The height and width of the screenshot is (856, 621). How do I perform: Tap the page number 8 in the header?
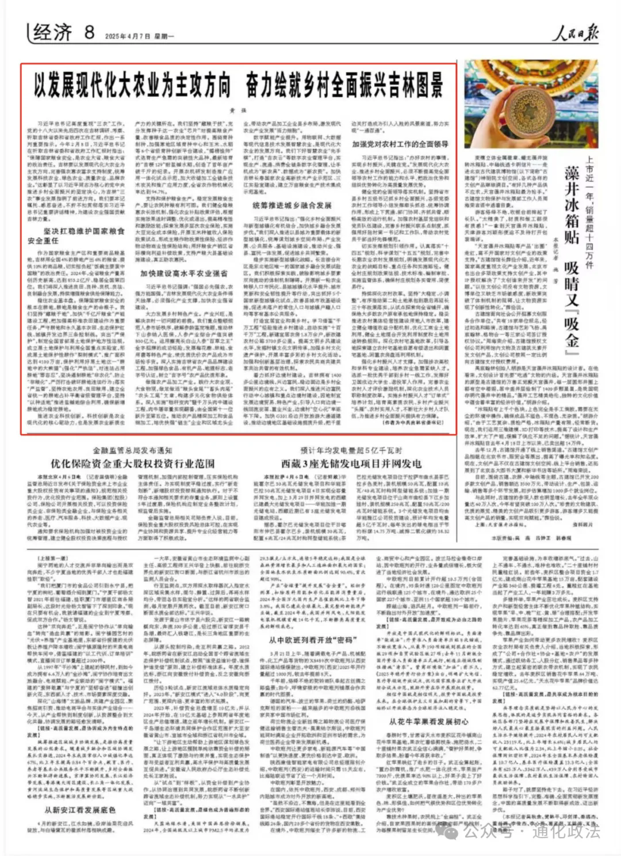coord(89,32)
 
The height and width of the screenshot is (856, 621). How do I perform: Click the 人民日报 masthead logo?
coord(574,33)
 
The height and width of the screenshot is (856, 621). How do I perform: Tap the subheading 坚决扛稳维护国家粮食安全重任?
coord(76,236)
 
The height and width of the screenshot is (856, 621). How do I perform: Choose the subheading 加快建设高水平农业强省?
coord(184,273)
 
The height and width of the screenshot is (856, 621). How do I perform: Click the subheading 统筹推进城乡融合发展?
coord(292,205)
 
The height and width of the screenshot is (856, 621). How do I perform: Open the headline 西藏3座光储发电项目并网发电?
coord(351,464)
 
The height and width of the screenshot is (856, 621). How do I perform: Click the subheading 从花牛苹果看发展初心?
coord(428,722)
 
